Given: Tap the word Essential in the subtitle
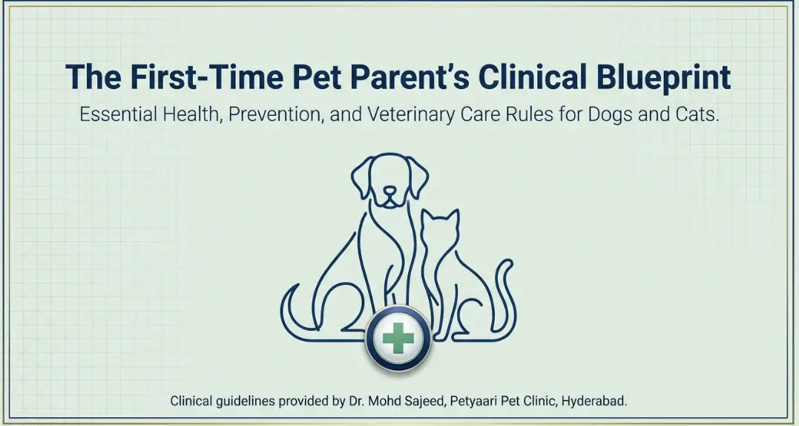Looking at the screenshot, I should pos(119,117).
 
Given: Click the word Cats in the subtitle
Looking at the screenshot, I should pos(697,117).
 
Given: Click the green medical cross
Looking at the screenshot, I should pos(398,338).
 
